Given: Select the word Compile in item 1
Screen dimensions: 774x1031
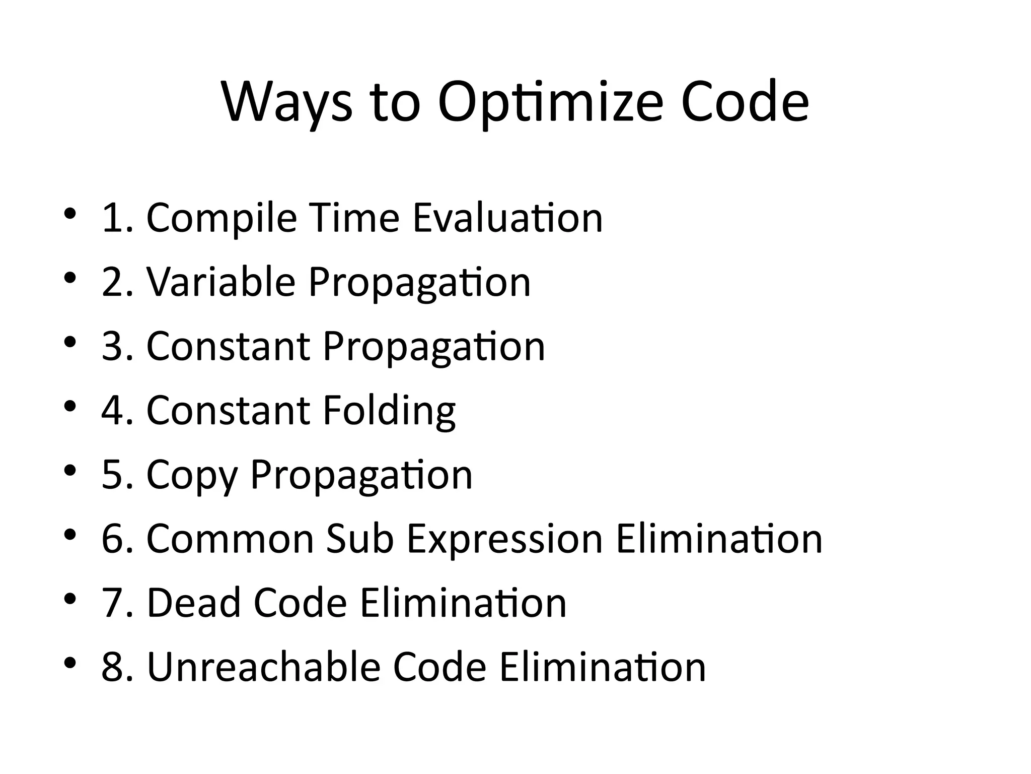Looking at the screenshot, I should point(221,218).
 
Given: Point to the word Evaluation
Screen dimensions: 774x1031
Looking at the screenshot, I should point(507,218).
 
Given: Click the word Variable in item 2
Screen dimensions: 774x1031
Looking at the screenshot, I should point(220,282).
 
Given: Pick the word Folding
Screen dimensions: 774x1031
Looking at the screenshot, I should point(389,411).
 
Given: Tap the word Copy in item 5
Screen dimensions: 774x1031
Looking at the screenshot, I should point(191,475).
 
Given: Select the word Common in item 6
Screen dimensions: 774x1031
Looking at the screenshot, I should point(230,539).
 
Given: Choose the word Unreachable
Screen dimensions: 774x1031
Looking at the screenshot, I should point(264,667).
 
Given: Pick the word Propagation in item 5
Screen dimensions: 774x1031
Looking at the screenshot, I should point(361,475).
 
